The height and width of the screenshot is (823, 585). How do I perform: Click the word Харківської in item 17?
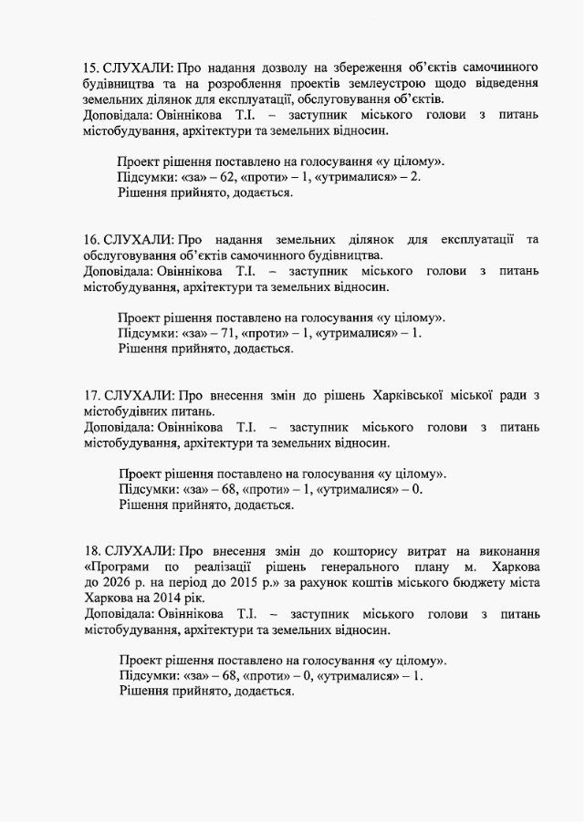click(x=406, y=395)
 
